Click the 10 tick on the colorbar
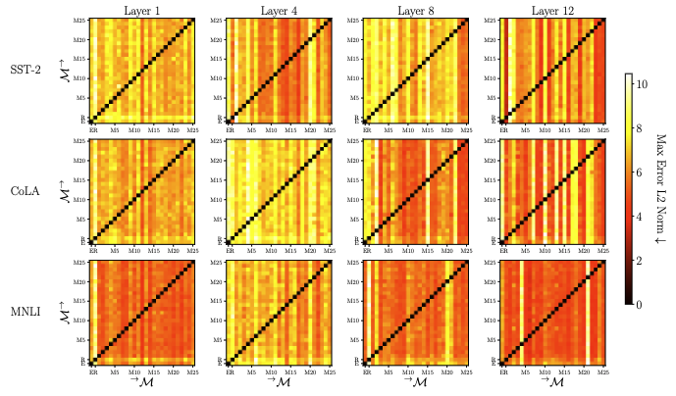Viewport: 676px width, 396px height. pos(645,85)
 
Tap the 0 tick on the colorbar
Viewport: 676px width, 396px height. pos(643,305)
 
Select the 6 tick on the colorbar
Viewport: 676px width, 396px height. pos(643,173)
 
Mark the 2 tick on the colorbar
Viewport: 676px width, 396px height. pos(643,261)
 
